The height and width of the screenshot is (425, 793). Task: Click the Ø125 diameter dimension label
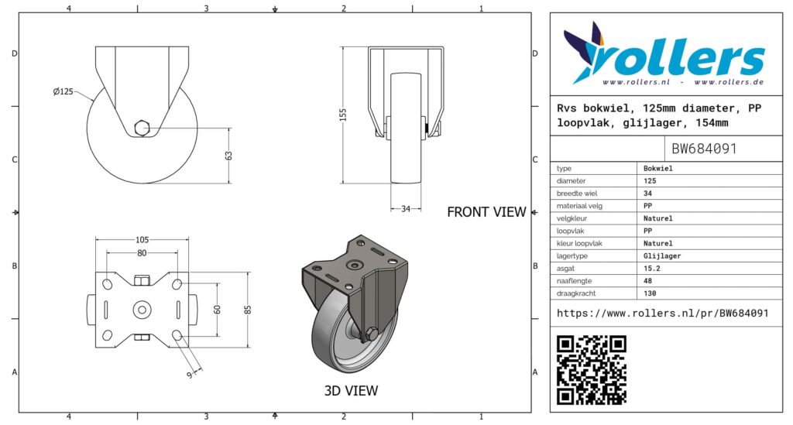click(63, 92)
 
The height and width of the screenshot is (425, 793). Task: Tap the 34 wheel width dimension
click(406, 208)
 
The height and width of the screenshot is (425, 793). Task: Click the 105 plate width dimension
click(142, 239)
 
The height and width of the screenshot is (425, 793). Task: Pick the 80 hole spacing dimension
click(142, 252)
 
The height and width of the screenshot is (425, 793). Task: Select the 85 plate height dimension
click(247, 309)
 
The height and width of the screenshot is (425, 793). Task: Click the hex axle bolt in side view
click(142, 128)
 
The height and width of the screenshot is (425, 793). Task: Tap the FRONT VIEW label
click(486, 211)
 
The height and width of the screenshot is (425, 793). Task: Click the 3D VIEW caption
click(351, 391)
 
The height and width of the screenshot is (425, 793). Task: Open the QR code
click(592, 370)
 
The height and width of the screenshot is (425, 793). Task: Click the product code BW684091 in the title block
click(703, 149)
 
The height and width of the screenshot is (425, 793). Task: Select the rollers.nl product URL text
click(662, 313)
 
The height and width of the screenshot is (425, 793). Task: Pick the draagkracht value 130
click(651, 293)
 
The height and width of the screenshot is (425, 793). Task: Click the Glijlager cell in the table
click(662, 255)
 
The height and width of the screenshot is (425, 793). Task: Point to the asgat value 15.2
click(653, 268)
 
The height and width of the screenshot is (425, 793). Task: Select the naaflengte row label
click(576, 281)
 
